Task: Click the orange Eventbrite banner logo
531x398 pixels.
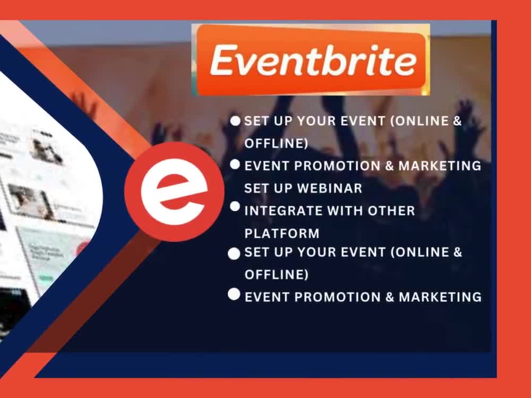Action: [311, 60]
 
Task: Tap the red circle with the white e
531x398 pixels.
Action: [174, 192]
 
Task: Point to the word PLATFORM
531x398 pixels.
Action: [282, 233]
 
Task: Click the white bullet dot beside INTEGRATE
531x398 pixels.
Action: [235, 206]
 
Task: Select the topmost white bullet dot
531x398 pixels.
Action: [235, 121]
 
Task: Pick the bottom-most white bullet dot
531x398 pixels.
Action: [234, 295]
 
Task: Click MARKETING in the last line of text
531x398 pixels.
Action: [440, 297]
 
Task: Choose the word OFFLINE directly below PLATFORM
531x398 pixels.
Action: [276, 275]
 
